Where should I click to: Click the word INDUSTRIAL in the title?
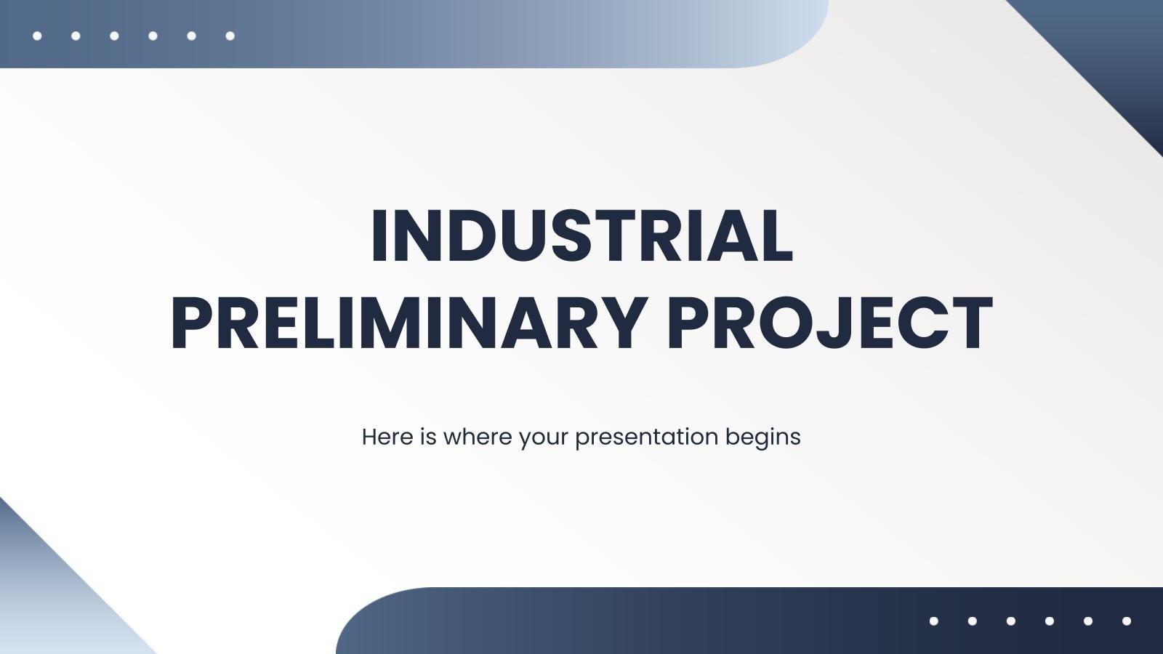[x=581, y=237]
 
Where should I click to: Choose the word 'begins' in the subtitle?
[x=763, y=437]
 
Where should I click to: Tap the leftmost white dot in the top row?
[x=37, y=36]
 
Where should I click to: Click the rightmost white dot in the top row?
[x=230, y=36]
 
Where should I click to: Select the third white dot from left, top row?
[x=114, y=36]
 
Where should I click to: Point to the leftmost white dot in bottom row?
[x=934, y=621]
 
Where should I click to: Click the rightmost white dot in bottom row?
[x=1127, y=621]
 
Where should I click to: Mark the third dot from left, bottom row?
[x=1011, y=621]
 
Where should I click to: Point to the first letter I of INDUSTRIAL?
[x=379, y=237]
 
